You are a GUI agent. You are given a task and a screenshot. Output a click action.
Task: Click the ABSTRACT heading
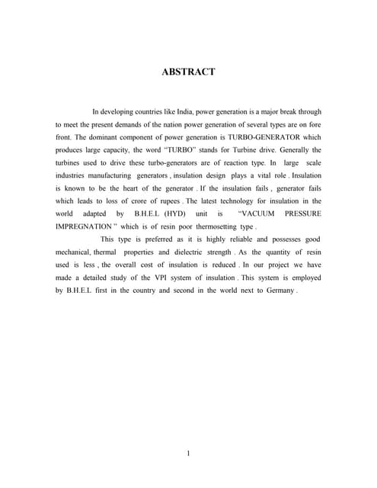pyautogui.click(x=188, y=72)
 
